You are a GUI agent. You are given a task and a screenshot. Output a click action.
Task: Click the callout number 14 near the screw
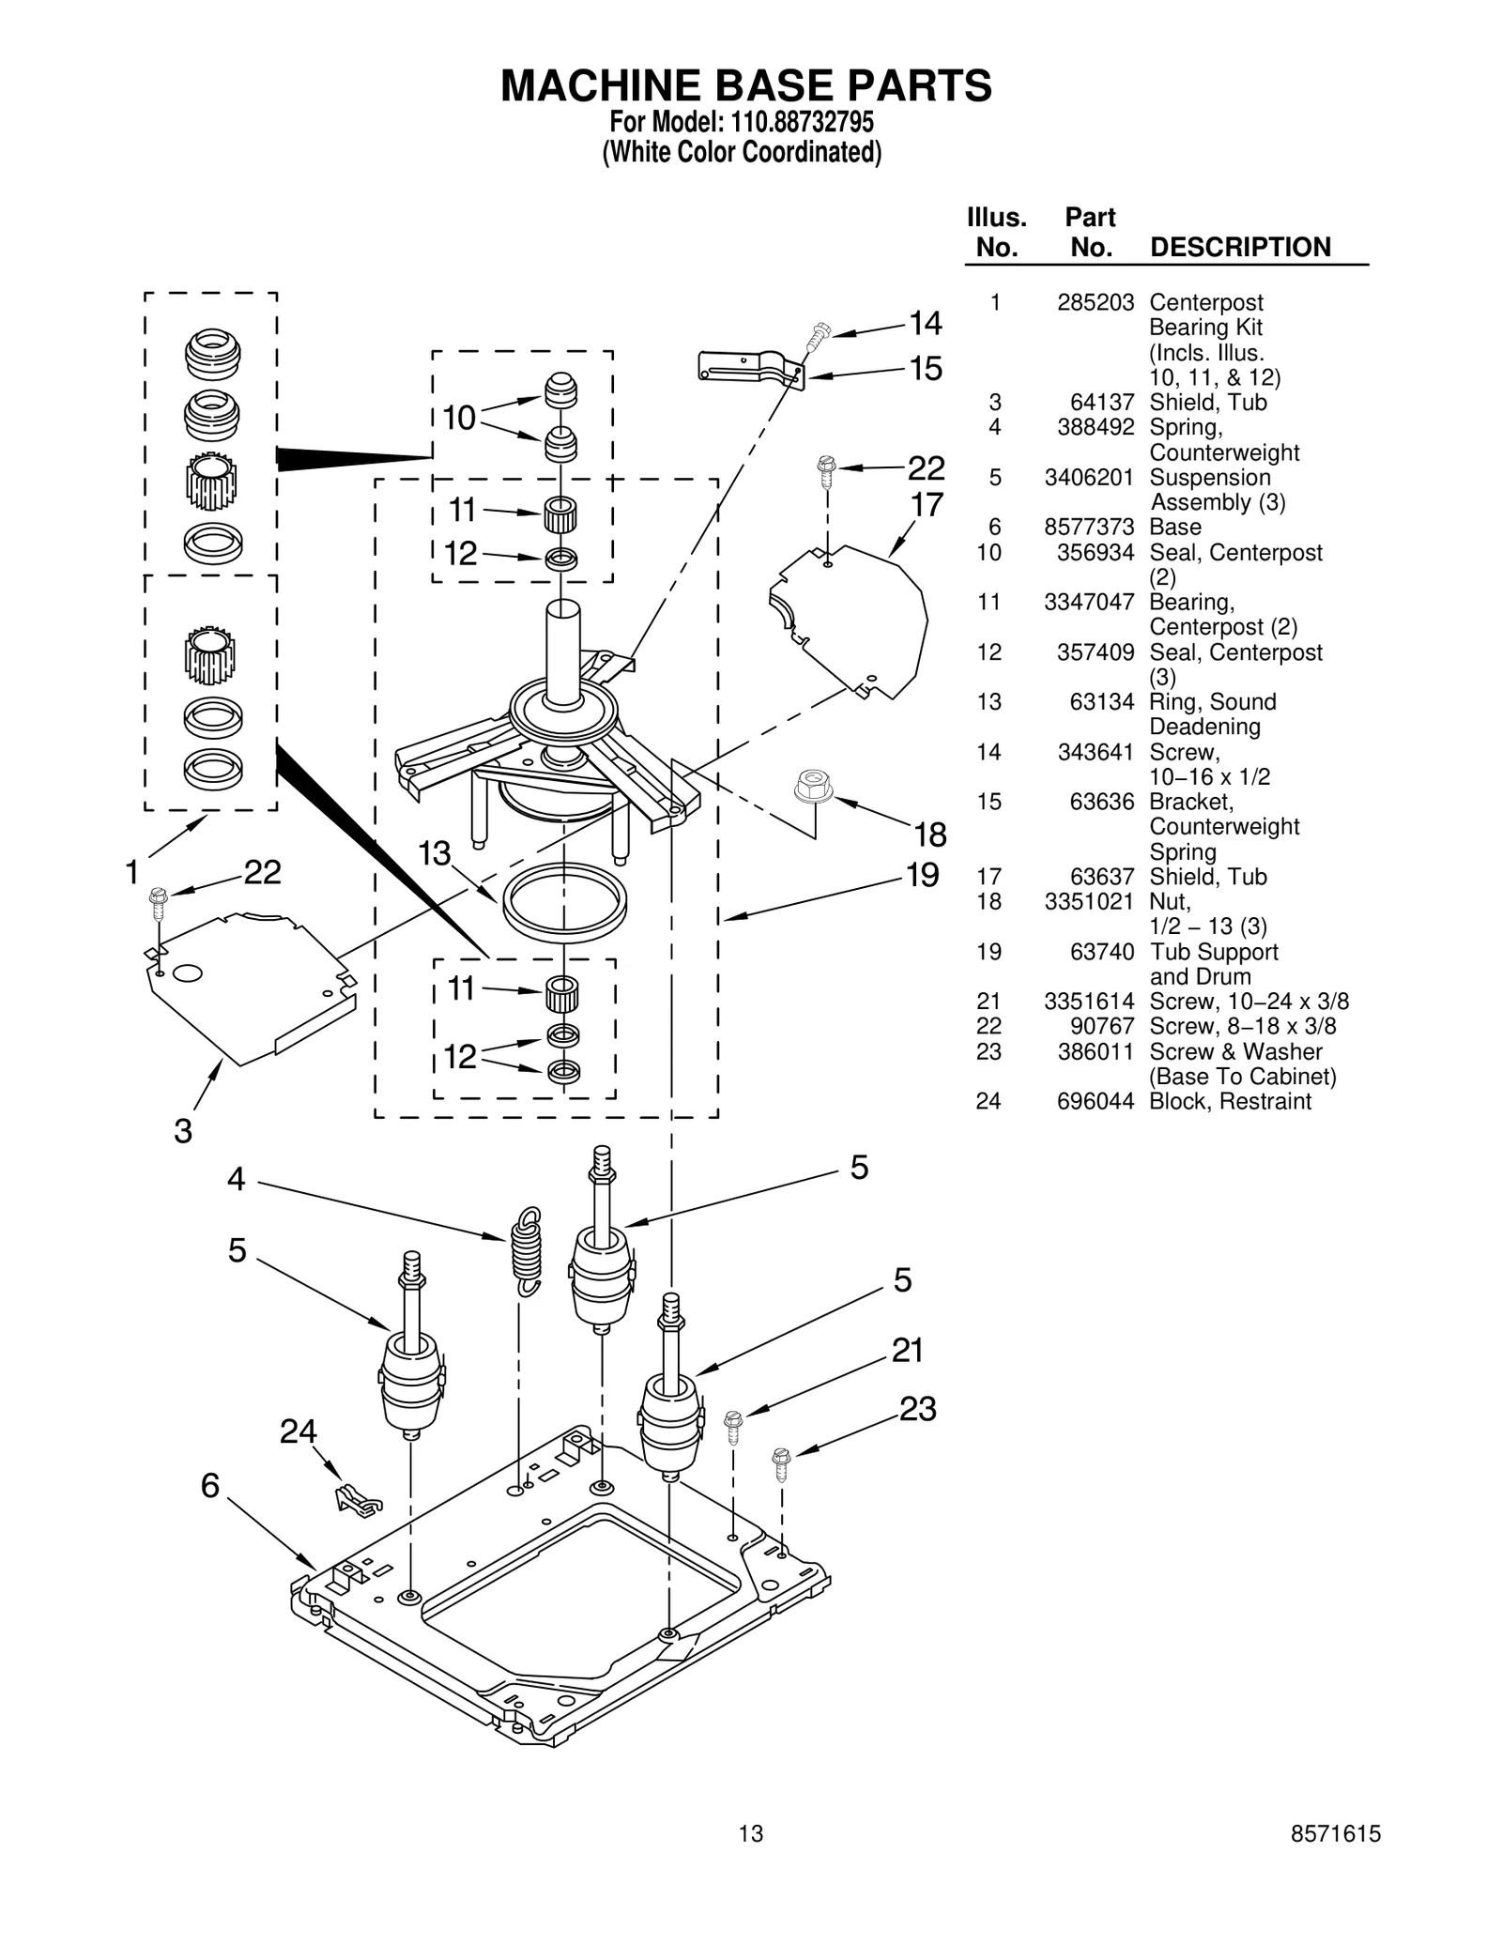925,324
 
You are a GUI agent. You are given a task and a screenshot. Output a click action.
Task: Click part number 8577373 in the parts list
1088,528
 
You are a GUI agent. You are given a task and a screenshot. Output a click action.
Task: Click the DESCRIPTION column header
1239,248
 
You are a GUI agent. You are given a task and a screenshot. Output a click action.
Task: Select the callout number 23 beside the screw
917,1409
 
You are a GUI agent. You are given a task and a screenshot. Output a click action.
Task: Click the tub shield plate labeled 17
850,620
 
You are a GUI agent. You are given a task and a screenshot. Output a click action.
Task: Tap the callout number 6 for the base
210,1485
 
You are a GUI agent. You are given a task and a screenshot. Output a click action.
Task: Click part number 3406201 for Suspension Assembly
1088,478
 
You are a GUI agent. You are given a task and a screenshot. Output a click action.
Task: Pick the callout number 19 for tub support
922,875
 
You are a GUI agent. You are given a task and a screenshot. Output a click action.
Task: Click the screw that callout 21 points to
733,1427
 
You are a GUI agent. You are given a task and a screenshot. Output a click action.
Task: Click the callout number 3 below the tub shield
183,1131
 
